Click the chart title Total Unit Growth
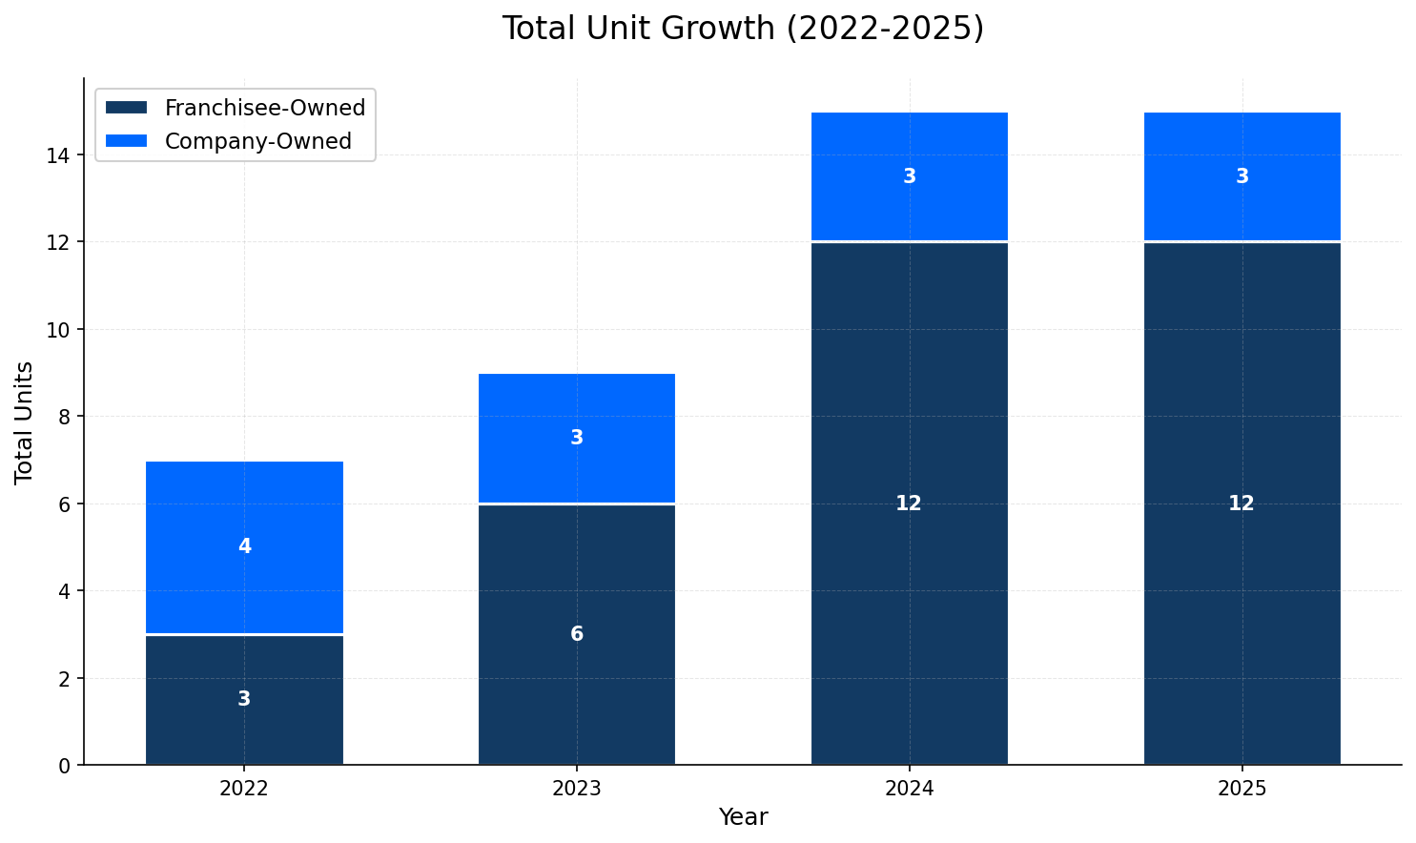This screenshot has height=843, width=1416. [x=743, y=29]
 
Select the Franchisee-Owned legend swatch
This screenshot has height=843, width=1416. [x=126, y=108]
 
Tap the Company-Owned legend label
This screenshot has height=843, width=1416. [x=257, y=141]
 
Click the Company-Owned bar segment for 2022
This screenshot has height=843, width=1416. [x=244, y=515]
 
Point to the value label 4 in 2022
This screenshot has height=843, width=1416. [x=244, y=546]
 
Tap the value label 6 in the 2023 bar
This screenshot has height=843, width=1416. [x=576, y=634]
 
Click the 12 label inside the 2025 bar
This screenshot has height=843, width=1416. [x=1241, y=504]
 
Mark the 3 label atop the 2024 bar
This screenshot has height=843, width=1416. [x=909, y=176]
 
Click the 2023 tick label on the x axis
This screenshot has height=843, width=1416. [x=576, y=789]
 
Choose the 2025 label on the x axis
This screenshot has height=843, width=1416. [x=1241, y=789]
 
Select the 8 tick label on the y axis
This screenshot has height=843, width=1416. [x=64, y=417]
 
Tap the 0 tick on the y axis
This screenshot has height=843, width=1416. [x=64, y=766]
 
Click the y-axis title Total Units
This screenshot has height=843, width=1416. [x=25, y=421]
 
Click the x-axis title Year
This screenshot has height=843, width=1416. [x=743, y=817]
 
